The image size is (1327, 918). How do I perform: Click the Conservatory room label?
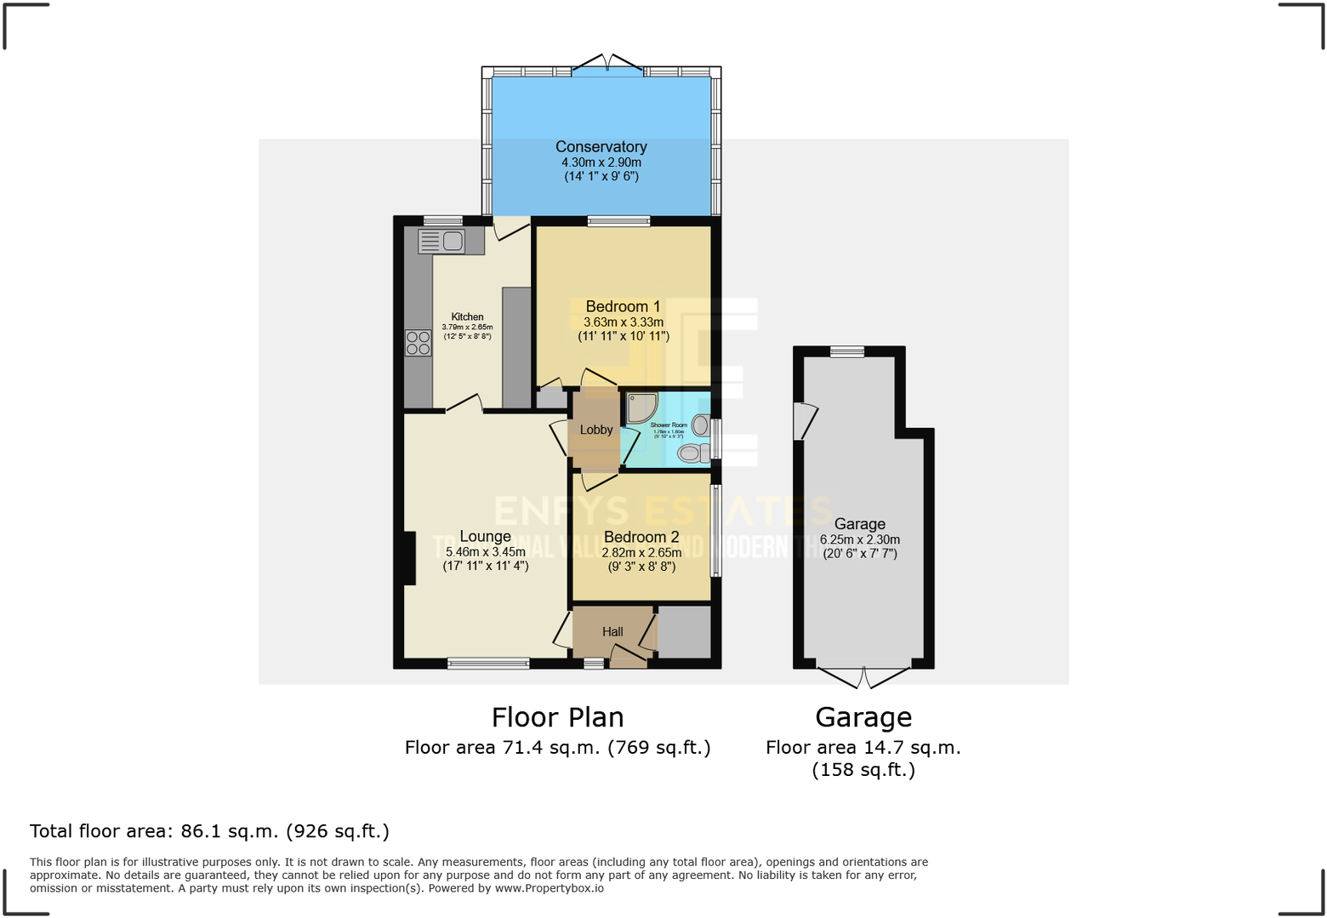point(601,147)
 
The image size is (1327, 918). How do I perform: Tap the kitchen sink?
point(441,242)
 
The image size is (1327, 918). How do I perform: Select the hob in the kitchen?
point(418,343)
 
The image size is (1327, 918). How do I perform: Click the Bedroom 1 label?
point(623,306)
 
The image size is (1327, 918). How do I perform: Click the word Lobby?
point(595,430)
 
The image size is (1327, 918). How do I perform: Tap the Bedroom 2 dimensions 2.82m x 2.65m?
point(641,552)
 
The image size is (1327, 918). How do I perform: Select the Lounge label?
point(485,536)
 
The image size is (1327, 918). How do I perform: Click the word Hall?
point(612,631)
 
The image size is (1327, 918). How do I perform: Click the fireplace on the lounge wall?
point(409,558)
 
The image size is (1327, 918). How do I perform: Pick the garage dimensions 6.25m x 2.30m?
point(859,539)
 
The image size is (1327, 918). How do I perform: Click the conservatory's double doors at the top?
point(607,65)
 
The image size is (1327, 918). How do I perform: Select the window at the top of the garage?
point(846,351)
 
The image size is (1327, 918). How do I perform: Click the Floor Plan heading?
point(557,717)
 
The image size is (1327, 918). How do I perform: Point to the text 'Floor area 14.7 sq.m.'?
point(863,748)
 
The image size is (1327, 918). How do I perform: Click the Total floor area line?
point(209,831)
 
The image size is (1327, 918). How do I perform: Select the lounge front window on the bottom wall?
point(488,664)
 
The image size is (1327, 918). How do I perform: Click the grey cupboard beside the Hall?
point(684,631)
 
